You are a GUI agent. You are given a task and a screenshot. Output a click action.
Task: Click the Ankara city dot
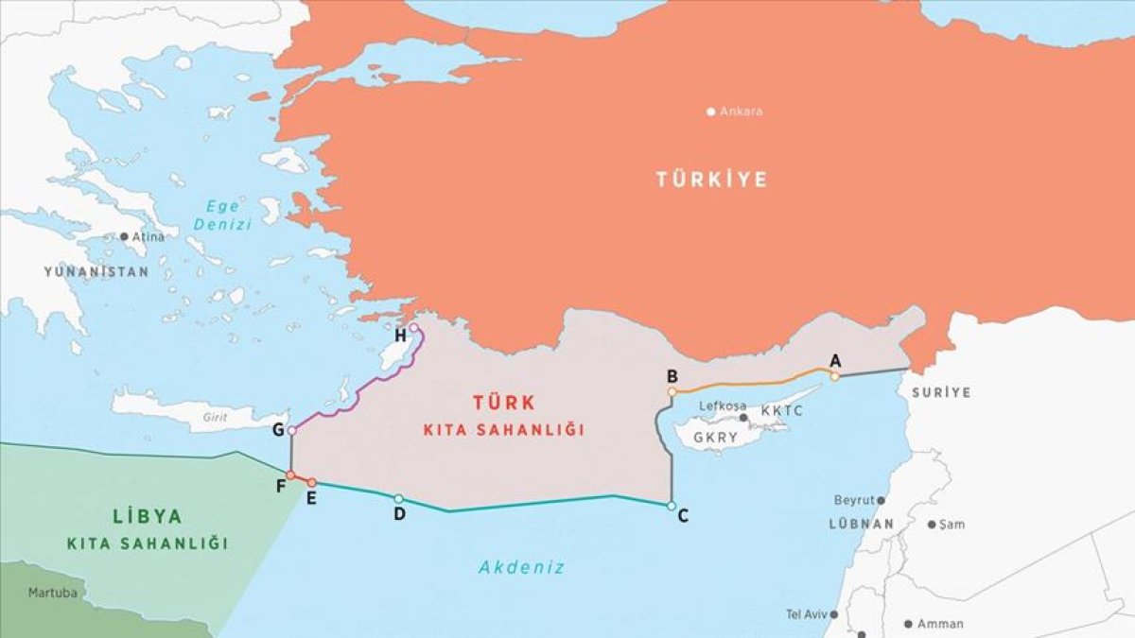coord(711,112)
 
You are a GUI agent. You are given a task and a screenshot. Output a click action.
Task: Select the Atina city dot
coord(124,236)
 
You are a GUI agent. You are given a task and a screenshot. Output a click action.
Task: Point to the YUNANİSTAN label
coord(96,271)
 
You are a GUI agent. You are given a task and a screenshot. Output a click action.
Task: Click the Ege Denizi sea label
coord(223,216)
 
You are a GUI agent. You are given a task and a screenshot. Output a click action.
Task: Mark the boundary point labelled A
coord(834,376)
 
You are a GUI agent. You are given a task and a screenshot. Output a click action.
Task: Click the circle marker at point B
coord(672,391)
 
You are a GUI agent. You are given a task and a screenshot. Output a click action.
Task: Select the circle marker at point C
coord(671,507)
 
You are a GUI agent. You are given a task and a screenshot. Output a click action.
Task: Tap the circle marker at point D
coord(398,499)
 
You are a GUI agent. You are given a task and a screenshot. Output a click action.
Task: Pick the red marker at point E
coord(311,483)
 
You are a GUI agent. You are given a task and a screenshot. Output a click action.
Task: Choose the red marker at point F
coord(290,474)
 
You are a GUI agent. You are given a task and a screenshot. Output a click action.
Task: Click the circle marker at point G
coord(291,431)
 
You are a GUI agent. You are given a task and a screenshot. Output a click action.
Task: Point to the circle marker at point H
coord(413,328)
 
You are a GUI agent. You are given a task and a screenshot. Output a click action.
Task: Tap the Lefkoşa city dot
coord(743,417)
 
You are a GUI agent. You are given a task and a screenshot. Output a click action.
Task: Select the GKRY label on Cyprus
coord(714,439)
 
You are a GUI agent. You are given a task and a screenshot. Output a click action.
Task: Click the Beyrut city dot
coord(881,500)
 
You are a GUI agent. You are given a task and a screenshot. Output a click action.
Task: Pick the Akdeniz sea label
coord(520,568)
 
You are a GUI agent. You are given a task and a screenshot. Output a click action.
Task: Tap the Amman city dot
coord(908,624)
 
